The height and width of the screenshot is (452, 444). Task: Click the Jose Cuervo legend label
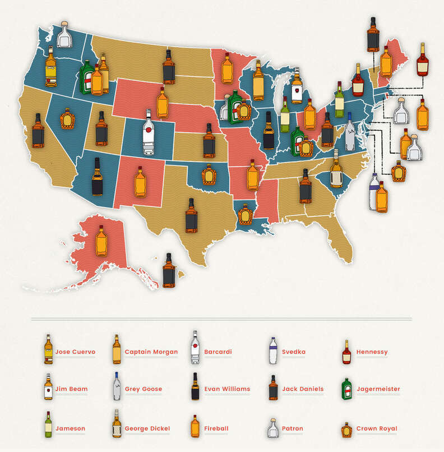pyautogui.click(x=75, y=352)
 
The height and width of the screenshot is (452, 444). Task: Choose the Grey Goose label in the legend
pyautogui.click(x=143, y=389)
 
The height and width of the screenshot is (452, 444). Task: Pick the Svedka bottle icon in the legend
pyautogui.click(x=272, y=350)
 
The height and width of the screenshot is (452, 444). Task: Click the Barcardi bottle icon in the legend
pyautogui.click(x=195, y=348)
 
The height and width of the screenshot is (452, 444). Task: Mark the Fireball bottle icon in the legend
pyautogui.click(x=195, y=426)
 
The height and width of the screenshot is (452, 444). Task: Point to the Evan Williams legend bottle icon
pyautogui.click(x=195, y=386)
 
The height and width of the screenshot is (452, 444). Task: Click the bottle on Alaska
pyautogui.click(x=101, y=241)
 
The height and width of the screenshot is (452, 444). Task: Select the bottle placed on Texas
pyautogui.click(x=191, y=215)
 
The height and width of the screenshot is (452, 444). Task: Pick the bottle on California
pyautogui.click(x=38, y=131)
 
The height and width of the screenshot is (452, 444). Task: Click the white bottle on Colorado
pyautogui.click(x=148, y=133)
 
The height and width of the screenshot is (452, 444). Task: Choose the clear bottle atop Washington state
pyautogui.click(x=65, y=35)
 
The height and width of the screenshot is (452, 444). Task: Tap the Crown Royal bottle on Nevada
pyautogui.click(x=67, y=119)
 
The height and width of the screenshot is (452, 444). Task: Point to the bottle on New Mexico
pyautogui.click(x=140, y=182)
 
